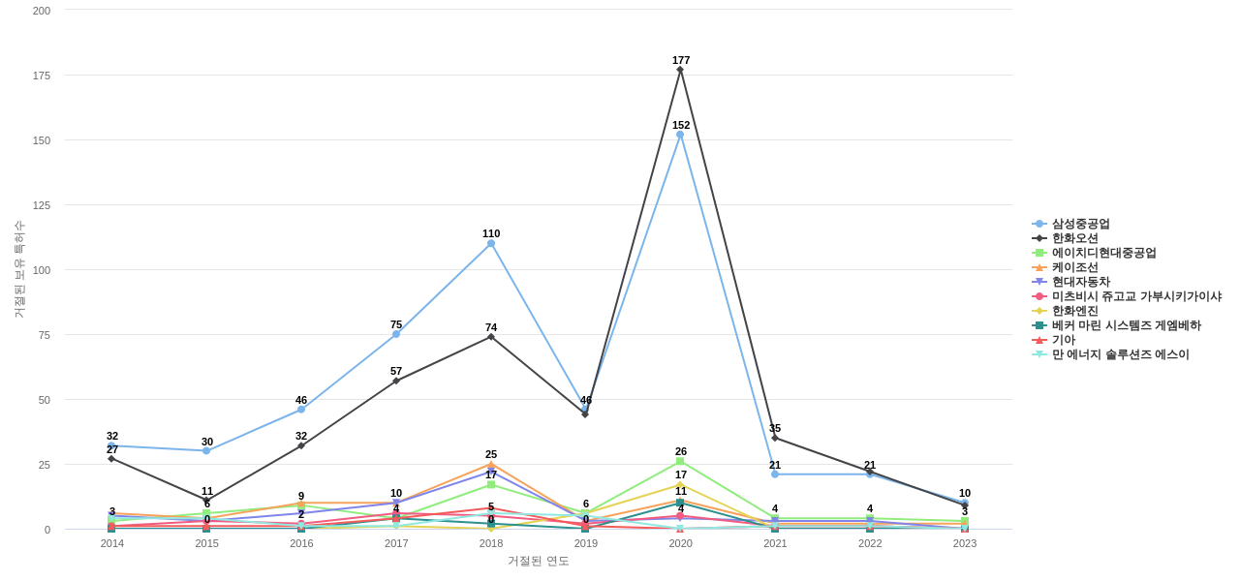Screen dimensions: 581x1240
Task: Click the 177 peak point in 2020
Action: pos(680,70)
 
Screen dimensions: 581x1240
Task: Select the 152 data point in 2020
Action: pos(680,135)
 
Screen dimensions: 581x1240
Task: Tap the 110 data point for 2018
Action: pos(491,243)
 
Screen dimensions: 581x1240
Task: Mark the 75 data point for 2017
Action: pos(396,334)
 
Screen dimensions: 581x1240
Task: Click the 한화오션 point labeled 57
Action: pos(396,381)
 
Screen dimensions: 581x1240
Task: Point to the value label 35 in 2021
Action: pos(775,428)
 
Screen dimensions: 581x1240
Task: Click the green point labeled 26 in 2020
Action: pos(680,461)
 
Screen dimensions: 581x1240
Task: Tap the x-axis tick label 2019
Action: pos(586,543)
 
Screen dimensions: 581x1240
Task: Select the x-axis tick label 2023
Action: pos(965,543)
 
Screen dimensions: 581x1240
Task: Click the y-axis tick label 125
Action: pos(42,205)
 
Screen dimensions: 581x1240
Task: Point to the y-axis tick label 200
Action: pos(42,11)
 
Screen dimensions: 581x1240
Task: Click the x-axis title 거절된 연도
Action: pos(539,561)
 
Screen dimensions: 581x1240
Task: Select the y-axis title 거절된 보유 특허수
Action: pos(18,269)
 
